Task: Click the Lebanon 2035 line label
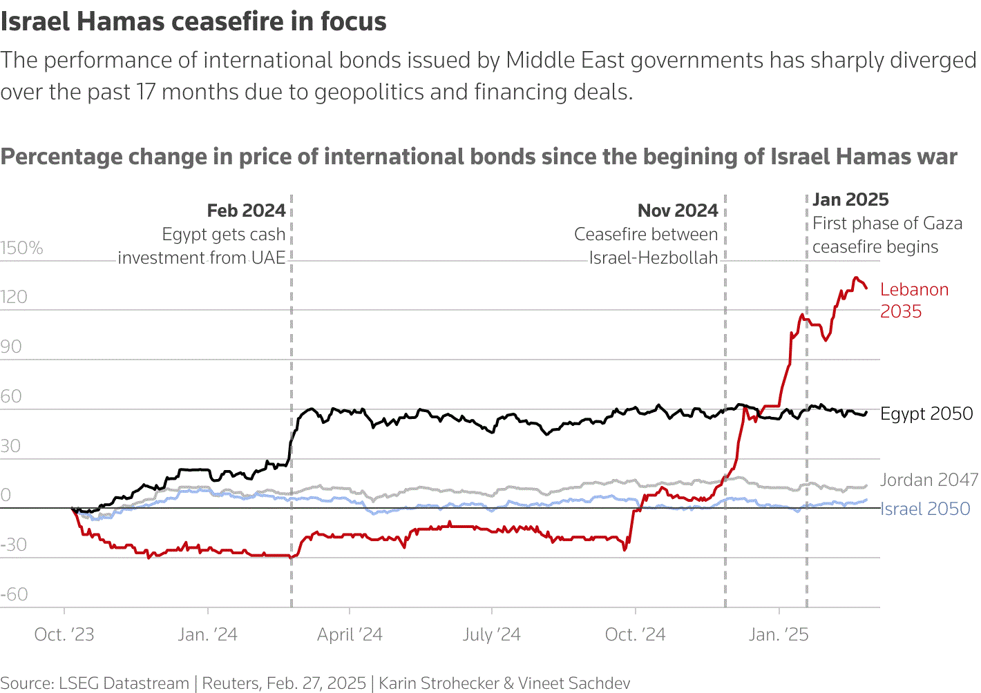tap(914, 300)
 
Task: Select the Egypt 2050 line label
tap(926, 413)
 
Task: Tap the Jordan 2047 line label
tap(928, 480)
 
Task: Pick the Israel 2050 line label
tap(925, 509)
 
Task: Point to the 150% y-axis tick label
tap(21, 248)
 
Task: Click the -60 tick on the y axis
tap(15, 594)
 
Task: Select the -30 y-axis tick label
tap(15, 545)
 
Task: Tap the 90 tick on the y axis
tap(11, 346)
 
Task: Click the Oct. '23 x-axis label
tap(64, 634)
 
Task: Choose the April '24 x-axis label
tap(350, 634)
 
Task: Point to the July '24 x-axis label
tap(492, 634)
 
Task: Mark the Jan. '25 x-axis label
tap(779, 634)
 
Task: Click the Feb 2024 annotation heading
tap(246, 211)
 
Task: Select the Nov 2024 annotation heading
tap(678, 211)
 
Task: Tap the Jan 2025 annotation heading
tap(850, 199)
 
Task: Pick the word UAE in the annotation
tap(268, 258)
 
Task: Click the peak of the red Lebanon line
tap(856, 278)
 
